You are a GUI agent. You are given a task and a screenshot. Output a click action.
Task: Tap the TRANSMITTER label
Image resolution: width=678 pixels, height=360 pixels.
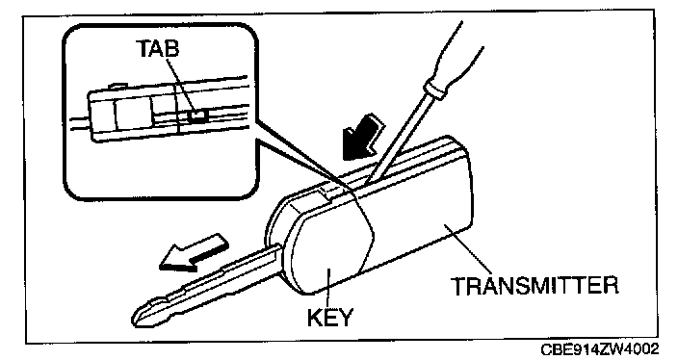point(535,286)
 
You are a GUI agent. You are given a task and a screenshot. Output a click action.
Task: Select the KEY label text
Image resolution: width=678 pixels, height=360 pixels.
point(330,318)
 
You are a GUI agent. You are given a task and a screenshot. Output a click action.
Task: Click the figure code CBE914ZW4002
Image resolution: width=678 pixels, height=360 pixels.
point(600,349)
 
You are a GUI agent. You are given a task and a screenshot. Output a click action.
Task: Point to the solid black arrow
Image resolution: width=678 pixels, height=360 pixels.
point(361,137)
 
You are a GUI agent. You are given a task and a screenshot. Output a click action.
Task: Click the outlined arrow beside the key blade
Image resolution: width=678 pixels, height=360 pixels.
point(194,253)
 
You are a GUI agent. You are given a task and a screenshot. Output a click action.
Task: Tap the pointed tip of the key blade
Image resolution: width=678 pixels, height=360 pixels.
point(134,321)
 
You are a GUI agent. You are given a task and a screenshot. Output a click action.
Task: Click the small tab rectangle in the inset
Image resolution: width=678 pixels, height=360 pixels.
point(198,116)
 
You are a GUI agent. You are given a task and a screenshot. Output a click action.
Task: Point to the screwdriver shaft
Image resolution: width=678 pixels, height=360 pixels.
point(399,139)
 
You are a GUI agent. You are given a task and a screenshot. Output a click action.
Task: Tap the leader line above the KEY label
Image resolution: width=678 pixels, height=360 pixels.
point(328,288)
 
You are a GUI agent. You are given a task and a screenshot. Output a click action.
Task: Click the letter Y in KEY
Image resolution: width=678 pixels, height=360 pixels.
point(345,318)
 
